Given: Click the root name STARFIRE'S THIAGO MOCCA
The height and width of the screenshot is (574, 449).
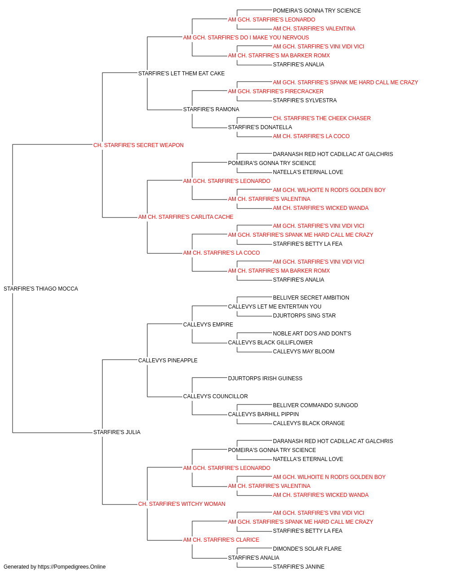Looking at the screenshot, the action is point(41,289).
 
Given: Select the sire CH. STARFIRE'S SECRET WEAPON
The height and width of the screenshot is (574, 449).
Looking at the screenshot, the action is point(138,145).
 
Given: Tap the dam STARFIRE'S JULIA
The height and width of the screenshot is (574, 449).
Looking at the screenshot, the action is point(117,432).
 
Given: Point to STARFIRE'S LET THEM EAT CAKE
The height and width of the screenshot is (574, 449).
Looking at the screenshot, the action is point(181,74).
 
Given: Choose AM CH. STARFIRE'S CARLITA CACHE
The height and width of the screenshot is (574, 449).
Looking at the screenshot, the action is point(185,217).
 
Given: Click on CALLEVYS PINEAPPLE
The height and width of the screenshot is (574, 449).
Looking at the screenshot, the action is point(168,361).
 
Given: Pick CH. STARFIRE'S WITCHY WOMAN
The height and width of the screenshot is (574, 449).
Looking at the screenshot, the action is point(182,504).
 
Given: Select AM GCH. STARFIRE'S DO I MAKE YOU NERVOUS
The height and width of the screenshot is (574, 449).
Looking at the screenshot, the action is point(246,38).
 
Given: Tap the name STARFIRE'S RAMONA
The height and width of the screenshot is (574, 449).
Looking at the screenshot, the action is point(211,109).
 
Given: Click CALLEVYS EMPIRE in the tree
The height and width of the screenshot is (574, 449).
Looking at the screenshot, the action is point(208,325).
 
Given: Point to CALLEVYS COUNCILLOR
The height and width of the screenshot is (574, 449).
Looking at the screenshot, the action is point(216,396).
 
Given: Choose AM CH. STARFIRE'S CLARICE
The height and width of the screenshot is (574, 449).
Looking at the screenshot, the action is point(221,540).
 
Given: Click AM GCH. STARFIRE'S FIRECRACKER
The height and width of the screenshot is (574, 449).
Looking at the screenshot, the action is point(276,91).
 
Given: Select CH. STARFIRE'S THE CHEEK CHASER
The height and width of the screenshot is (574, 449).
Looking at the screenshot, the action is point(322,118).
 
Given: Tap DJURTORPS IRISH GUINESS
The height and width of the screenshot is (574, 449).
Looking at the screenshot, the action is point(265,378).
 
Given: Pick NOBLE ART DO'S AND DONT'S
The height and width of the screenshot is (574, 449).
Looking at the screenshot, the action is point(312,334).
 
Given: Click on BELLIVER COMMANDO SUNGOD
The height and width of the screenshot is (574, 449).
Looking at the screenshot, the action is point(316,405).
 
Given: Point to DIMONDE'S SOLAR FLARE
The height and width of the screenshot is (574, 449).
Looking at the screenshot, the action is point(307,549).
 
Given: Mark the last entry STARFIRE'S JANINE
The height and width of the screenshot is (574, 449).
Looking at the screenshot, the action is point(299,567).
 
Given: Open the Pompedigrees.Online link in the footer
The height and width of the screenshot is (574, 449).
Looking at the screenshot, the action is point(72,567).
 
